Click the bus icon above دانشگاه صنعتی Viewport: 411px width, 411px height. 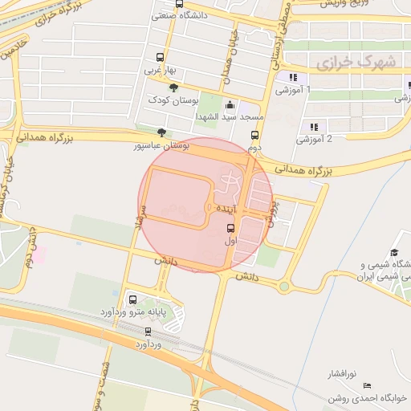(179, 3)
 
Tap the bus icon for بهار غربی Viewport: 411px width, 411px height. (160, 58)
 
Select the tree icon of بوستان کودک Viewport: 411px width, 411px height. (173, 87)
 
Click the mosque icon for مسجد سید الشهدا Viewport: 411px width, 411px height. (232, 104)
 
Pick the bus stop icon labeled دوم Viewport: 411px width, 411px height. (254, 136)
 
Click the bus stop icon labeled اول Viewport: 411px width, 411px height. (230, 227)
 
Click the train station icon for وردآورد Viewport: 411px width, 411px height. (148, 332)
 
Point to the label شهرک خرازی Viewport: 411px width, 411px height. (346, 60)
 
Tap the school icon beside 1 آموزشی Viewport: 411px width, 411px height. (294, 78)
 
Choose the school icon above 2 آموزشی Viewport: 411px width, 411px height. (314, 127)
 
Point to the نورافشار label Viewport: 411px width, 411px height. (343, 375)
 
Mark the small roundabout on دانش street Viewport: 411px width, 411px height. (284, 286)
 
